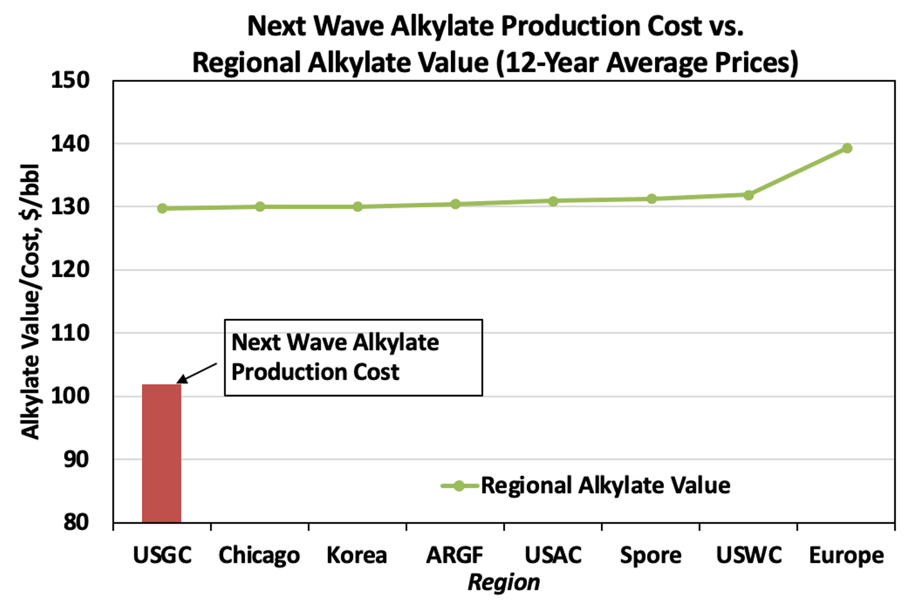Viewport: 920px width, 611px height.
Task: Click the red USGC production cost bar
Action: pos(161,453)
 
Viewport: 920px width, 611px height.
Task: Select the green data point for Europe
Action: pos(847,148)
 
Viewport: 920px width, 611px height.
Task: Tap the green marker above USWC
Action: pos(749,195)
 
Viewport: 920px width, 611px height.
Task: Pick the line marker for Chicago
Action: pos(259,207)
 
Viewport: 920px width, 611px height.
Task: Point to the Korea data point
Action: pos(357,207)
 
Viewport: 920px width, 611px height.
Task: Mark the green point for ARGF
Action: pos(455,204)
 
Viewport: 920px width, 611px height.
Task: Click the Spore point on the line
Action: pos(651,199)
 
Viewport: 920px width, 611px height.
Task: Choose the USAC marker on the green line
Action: pos(553,201)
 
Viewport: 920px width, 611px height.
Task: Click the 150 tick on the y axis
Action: pos(70,80)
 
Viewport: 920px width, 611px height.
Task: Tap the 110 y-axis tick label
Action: pos(70,333)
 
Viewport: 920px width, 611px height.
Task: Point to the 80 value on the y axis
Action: pos(75,522)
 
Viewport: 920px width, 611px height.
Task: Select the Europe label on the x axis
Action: pos(846,555)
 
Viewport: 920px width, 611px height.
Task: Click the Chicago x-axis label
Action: pos(259,555)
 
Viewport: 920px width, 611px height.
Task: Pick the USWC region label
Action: pos(749,555)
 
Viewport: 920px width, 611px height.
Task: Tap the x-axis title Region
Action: pos(504,583)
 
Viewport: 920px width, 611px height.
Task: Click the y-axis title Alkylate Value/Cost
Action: pos(30,301)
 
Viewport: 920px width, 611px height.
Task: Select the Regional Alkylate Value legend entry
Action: pos(605,485)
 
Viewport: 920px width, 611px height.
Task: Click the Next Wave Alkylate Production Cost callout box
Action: pos(353,357)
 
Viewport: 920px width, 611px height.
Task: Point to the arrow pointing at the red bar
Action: pos(197,372)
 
